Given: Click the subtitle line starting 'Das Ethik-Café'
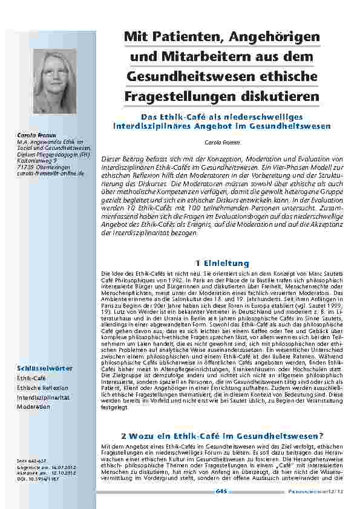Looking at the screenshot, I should [221, 117].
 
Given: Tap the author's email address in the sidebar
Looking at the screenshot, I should [50, 173].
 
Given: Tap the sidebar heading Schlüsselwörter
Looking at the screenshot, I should [45, 368].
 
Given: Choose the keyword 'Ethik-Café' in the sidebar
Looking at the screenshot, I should [31, 378].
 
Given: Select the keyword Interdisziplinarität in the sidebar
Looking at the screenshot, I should [43, 397].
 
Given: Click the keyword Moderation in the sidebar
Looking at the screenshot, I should [33, 407].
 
